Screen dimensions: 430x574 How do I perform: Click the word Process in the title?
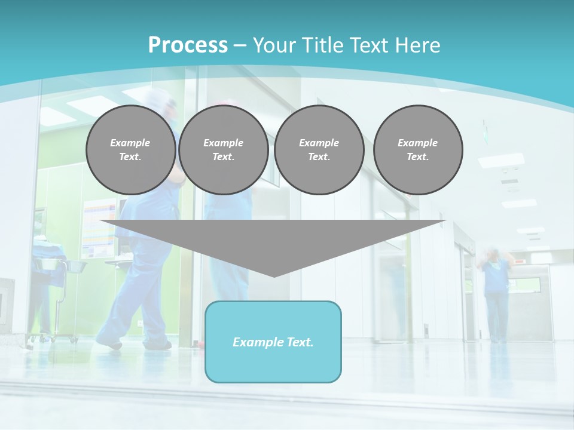(x=188, y=45)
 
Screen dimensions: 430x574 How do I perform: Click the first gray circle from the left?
(x=130, y=150)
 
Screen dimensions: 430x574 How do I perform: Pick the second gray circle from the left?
(x=223, y=150)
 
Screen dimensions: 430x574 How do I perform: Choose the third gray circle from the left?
(x=319, y=150)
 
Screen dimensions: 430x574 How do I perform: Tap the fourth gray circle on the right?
(x=417, y=150)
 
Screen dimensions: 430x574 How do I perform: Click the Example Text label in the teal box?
(x=273, y=342)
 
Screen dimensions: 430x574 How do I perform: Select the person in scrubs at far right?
(x=496, y=293)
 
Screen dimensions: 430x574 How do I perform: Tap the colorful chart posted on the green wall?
(x=99, y=227)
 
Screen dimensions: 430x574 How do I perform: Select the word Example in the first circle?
(x=130, y=143)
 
